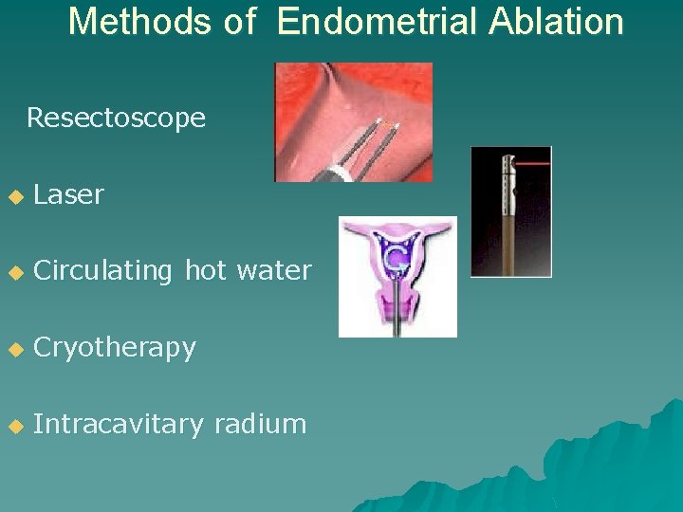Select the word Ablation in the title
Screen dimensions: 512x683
(x=556, y=21)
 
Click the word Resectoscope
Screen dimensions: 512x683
(x=116, y=119)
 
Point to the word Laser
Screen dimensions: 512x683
(x=68, y=195)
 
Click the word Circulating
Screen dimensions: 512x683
(x=102, y=271)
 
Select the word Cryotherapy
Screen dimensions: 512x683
(x=114, y=349)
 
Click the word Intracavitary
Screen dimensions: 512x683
(x=118, y=425)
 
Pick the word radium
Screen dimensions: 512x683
(x=260, y=425)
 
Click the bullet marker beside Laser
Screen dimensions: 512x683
(x=14, y=197)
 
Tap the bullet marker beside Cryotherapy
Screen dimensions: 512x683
(x=14, y=350)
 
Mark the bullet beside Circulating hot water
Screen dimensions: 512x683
(x=14, y=273)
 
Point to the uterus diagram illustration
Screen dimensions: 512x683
(x=397, y=275)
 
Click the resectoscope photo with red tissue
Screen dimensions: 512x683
(x=353, y=121)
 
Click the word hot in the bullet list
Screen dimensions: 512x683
(x=203, y=271)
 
